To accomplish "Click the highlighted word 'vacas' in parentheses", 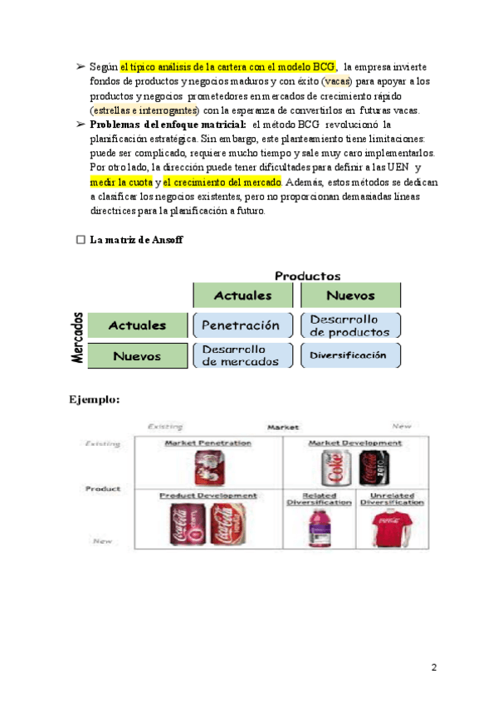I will click(335, 81).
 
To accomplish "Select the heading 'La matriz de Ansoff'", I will click(137, 240).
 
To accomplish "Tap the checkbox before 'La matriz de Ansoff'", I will click(81, 240).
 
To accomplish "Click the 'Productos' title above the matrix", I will click(307, 276).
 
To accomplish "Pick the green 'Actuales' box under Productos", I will click(242, 296).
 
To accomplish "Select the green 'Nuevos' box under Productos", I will click(350, 296).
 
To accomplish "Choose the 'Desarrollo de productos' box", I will click(350, 325).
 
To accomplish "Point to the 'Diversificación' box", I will click(350, 355).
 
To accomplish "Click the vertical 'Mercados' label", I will click(77, 338).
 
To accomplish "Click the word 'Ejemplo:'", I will click(94, 399).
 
